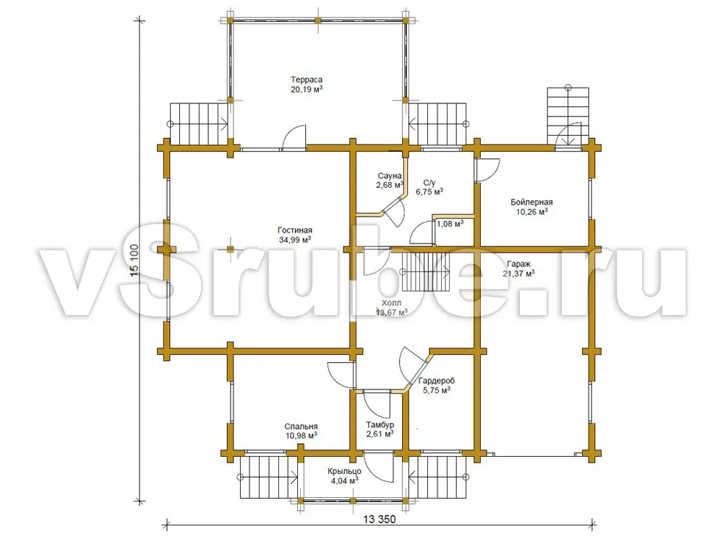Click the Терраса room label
point(307,79)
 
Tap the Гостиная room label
point(295,230)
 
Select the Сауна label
point(390,176)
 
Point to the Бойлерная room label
point(531,202)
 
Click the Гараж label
point(518,264)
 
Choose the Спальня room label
point(301,426)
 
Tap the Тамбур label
point(380,424)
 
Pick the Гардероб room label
point(437,381)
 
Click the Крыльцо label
point(344,471)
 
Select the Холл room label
point(391,303)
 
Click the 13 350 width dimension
point(380,520)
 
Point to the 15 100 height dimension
point(134,260)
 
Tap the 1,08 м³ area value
point(450,224)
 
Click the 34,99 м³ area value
point(295,240)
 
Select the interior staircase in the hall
point(426,273)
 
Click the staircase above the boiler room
point(568,115)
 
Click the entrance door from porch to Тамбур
point(379,468)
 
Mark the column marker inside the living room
point(231,249)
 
